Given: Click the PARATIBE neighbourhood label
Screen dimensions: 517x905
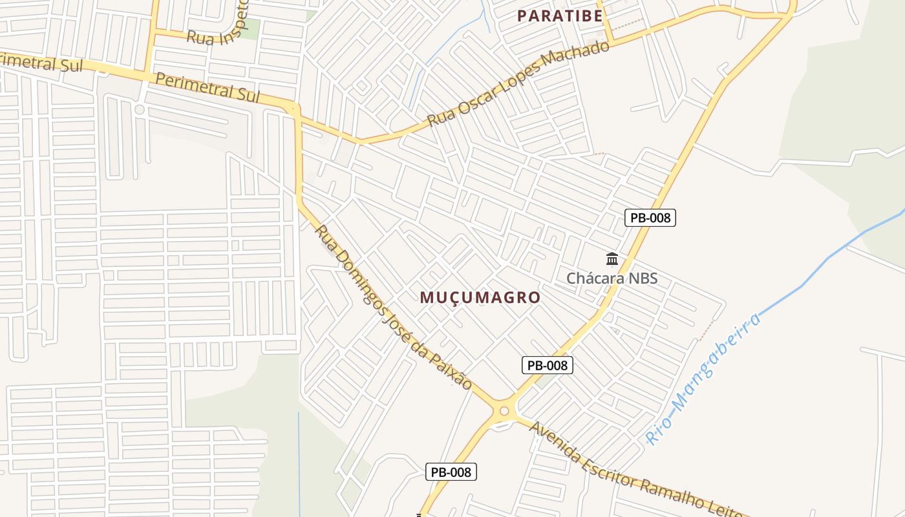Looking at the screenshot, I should pyautogui.click(x=560, y=16).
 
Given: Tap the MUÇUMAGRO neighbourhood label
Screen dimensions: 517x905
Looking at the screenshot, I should pyautogui.click(x=480, y=297).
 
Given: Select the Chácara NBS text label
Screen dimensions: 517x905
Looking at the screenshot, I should pyautogui.click(x=612, y=279).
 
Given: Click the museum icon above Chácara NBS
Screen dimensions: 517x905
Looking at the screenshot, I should pyautogui.click(x=612, y=260).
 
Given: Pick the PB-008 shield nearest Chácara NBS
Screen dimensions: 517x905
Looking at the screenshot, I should pyautogui.click(x=650, y=218).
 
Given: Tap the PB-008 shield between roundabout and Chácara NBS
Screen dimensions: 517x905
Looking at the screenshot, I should pyautogui.click(x=547, y=365).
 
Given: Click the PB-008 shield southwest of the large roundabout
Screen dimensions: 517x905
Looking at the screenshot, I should pyautogui.click(x=451, y=472).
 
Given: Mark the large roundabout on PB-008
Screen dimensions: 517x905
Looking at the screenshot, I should pyautogui.click(x=504, y=410).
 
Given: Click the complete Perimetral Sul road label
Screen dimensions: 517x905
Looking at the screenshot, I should pyautogui.click(x=208, y=88).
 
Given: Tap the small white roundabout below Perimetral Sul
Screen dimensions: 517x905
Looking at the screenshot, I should pyautogui.click(x=139, y=109).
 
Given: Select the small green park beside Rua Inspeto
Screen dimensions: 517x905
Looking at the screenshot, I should pyautogui.click(x=250, y=28).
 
